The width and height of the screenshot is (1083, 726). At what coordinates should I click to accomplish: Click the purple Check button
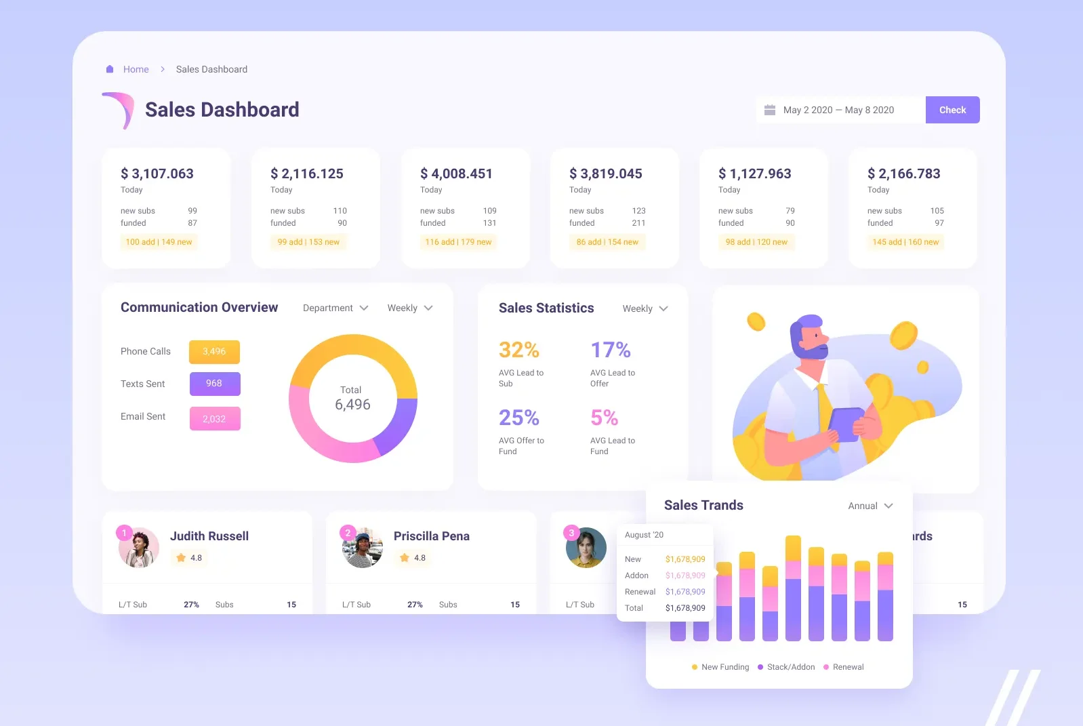(952, 110)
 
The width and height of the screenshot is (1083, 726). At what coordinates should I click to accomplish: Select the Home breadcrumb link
(136, 69)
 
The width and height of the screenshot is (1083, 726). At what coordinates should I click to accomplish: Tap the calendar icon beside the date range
(770, 110)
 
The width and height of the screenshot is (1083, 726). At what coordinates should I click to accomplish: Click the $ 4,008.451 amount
(456, 174)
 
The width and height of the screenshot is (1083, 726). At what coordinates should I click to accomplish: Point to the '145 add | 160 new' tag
(905, 242)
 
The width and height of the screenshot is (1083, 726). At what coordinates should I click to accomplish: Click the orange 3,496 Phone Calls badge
(214, 352)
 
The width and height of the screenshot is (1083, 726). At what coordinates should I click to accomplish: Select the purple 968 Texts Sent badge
(214, 384)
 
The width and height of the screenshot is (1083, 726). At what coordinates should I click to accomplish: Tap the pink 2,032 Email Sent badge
(214, 419)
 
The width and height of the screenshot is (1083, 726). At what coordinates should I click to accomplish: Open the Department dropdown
(335, 308)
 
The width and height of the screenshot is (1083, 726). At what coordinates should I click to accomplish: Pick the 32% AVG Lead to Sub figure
(518, 350)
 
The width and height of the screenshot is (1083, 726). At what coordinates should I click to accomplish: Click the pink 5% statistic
(604, 418)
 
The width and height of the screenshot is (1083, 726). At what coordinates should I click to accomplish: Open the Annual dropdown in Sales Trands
(870, 506)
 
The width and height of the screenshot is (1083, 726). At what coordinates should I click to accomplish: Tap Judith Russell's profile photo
(139, 548)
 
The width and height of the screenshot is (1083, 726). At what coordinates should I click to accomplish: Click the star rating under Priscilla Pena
(413, 558)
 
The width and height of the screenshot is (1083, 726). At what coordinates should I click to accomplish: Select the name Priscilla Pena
(431, 536)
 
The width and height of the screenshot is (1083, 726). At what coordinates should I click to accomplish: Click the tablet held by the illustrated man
(846, 424)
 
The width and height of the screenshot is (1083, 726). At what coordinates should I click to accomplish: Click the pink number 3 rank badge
(571, 533)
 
